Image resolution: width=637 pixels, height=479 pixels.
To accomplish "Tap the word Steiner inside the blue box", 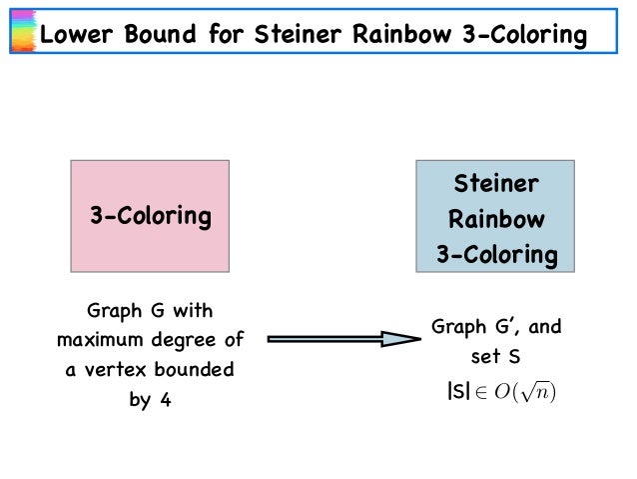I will pyautogui.click(x=495, y=184).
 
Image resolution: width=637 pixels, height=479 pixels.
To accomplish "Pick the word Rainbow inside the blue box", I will pyautogui.click(x=495, y=219).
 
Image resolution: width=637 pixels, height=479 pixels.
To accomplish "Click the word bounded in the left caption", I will pyautogui.click(x=195, y=370).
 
